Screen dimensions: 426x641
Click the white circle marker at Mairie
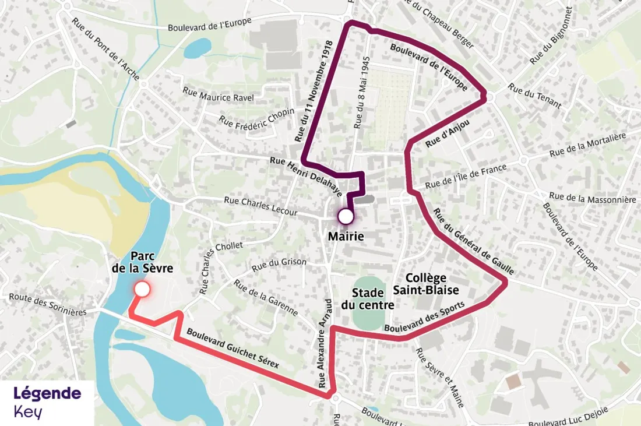[346, 217]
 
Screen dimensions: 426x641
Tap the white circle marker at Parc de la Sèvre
[142, 289]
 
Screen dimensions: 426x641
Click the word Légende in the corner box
[47, 393]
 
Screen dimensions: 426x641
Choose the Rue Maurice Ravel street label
[218, 94]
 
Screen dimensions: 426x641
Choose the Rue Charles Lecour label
[260, 206]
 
